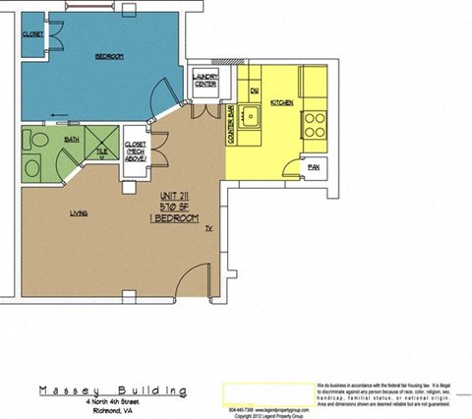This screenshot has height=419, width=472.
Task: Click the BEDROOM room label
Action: click(x=108, y=57)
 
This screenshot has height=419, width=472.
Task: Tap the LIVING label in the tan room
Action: click(x=79, y=213)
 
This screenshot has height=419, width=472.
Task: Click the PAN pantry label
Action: click(x=314, y=167)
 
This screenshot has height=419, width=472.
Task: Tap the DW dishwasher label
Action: click(x=253, y=90)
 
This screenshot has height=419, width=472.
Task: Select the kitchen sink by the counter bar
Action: click(x=252, y=120)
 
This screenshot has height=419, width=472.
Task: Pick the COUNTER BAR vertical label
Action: click(x=231, y=125)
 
